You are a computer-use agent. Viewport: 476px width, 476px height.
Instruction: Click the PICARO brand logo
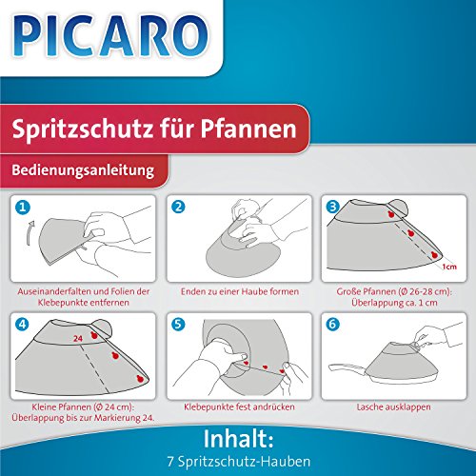[110, 35]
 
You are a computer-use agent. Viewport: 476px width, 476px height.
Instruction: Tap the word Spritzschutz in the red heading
[82, 129]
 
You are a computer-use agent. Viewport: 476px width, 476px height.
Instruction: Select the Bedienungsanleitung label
[83, 170]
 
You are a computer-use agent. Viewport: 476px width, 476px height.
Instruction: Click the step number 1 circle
[23, 208]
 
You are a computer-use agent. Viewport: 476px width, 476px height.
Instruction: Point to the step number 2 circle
[178, 207]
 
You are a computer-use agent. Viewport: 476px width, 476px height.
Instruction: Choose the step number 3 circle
[333, 207]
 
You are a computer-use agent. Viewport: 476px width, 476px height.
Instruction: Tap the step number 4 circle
[23, 324]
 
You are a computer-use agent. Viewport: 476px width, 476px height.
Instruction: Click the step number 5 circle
[178, 324]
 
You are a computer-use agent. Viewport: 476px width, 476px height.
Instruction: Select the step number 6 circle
[332, 324]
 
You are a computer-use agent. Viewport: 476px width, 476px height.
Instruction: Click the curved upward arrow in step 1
[30, 233]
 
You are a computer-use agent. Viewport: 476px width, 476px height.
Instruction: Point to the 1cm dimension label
[449, 267]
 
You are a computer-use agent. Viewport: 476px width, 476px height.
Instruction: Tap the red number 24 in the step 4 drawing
[78, 339]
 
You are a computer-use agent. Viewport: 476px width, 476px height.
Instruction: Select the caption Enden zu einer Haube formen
[240, 291]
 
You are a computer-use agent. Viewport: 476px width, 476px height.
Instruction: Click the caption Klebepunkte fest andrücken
[239, 407]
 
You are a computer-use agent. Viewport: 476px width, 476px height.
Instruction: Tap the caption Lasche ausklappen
[394, 407]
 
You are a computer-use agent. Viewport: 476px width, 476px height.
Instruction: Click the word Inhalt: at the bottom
[238, 439]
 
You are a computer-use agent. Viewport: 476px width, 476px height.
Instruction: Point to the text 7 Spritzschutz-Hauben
[239, 462]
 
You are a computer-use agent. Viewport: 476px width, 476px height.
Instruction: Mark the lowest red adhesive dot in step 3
[435, 254]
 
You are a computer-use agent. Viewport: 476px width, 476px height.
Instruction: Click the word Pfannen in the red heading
[248, 129]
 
